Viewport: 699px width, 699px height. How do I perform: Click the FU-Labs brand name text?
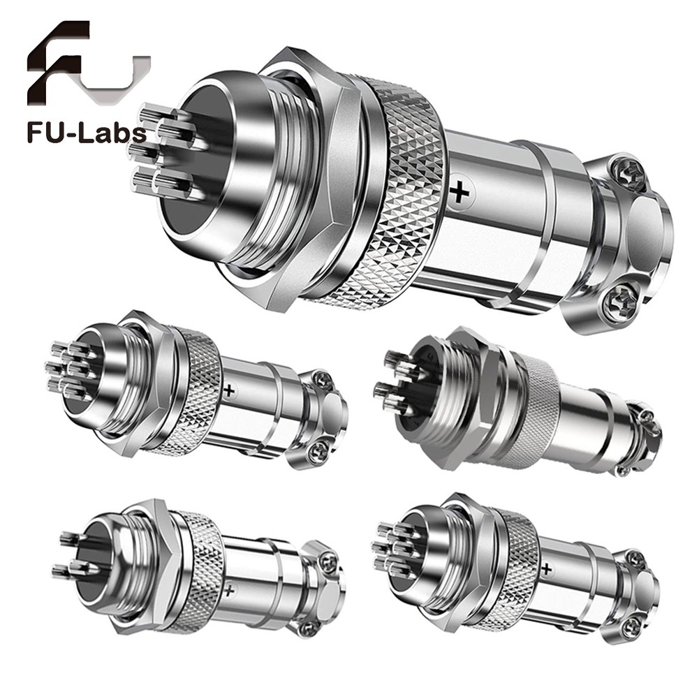pos(87,133)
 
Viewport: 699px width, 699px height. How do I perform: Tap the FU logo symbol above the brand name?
pos(88,62)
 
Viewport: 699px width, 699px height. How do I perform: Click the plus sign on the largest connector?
pos(459,193)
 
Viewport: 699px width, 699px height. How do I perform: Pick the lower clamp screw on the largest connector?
pos(617,302)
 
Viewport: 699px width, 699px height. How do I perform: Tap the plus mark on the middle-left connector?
pos(229,391)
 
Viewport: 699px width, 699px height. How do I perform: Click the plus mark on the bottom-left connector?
pos(229,591)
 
